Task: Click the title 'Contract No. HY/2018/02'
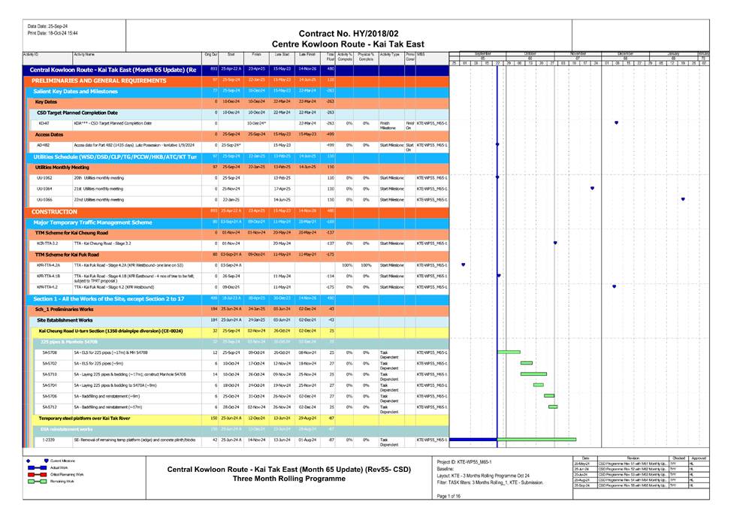(349, 34)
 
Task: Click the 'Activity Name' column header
(84, 54)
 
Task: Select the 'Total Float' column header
(330, 56)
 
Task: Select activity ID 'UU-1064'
(45, 189)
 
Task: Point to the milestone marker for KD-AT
(616, 122)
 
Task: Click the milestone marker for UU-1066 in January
(683, 199)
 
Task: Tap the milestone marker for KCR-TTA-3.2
(555, 243)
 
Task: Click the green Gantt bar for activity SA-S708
(509, 352)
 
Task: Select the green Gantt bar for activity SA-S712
(554, 407)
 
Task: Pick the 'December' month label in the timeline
(625, 54)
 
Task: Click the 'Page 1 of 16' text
(452, 497)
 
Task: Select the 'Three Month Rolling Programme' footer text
(289, 478)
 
